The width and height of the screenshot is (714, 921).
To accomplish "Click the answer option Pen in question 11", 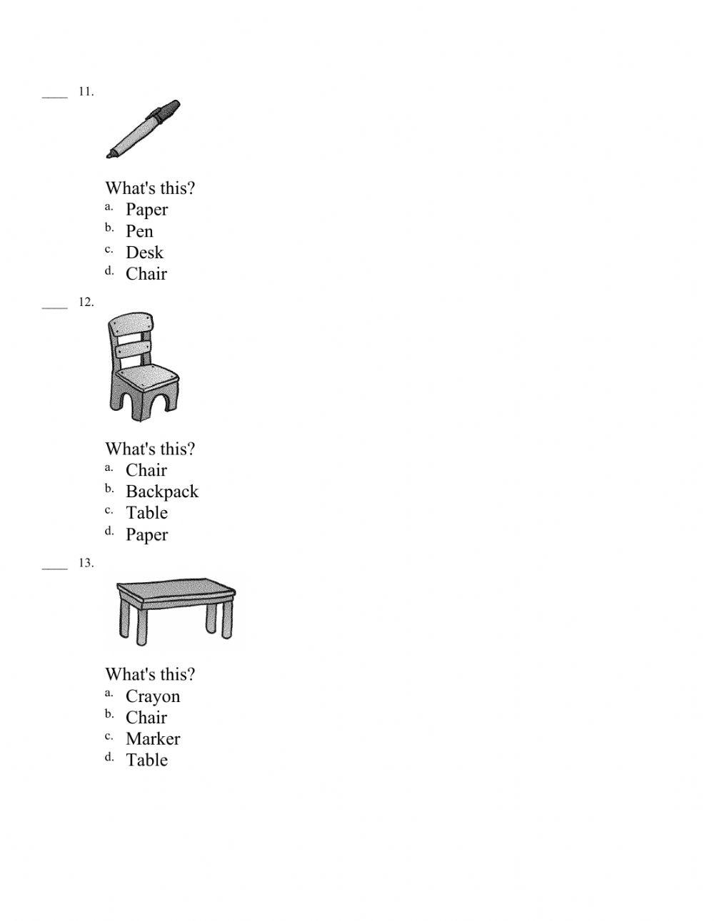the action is [139, 231].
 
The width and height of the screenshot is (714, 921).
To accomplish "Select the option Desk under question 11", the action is [144, 253].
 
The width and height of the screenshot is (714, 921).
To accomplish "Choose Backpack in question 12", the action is [161, 492].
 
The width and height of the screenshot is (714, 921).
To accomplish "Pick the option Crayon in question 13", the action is [153, 696].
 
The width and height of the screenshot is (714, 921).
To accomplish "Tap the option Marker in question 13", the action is [153, 739].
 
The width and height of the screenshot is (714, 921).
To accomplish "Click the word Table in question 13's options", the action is [146, 760].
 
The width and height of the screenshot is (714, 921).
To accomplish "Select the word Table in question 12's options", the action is [146, 513].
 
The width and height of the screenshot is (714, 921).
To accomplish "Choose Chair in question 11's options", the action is [146, 274].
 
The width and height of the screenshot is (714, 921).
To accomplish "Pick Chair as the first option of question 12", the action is [146, 470].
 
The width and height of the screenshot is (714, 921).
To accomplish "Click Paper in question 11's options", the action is [146, 210].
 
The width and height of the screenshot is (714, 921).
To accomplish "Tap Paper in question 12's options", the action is [146, 534].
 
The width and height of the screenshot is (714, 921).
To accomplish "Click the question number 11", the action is [86, 91].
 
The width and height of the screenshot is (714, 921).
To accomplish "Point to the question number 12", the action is [86, 302].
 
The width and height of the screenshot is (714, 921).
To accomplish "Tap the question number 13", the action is [86, 563].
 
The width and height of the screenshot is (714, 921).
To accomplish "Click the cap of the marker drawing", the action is [166, 111].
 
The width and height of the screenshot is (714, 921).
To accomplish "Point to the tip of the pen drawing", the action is [110, 154].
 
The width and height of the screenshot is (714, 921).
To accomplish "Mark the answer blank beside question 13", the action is [54, 568].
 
